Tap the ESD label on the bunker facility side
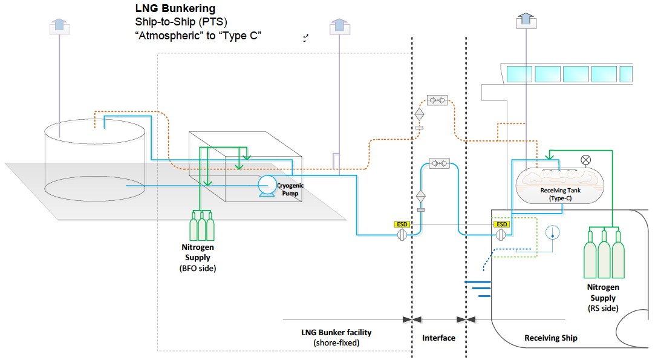[x=402, y=224]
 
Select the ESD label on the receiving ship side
[x=501, y=224]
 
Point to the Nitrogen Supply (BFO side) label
[x=198, y=257]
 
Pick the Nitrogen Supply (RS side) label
[x=603, y=297]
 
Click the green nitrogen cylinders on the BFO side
[x=202, y=227]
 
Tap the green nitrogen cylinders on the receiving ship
[x=603, y=254]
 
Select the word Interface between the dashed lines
[x=438, y=338]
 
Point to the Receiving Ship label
[x=550, y=338]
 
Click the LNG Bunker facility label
[x=336, y=337]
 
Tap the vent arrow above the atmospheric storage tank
[x=59, y=25]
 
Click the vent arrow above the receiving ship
[x=524, y=19]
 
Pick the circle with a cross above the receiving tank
[x=585, y=160]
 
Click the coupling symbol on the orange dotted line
[x=437, y=99]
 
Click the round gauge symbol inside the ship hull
[x=552, y=232]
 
